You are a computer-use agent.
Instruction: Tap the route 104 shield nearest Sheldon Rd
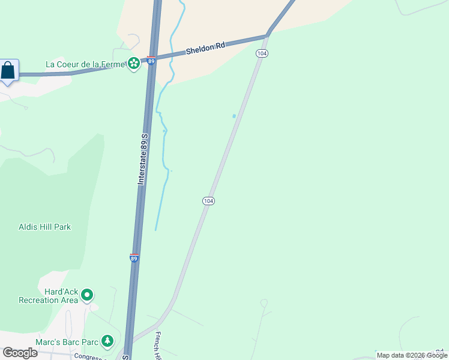point(261,54)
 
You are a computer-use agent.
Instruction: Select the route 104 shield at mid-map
point(208,201)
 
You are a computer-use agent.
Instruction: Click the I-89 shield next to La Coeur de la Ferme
point(151,60)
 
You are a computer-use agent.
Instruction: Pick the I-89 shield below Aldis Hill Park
point(134,257)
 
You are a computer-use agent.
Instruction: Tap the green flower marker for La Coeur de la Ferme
point(133,63)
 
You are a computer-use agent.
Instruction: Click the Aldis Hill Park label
point(45,227)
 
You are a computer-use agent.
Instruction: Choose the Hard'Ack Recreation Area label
point(48,296)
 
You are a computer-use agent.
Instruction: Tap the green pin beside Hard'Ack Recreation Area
point(87,295)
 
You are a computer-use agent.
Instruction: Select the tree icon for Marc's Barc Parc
point(107,341)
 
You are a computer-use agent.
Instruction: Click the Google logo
point(20,352)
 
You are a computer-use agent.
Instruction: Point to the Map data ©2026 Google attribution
point(412,355)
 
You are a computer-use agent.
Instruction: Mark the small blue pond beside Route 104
point(234,116)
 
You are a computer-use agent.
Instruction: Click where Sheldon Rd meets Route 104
point(268,34)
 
